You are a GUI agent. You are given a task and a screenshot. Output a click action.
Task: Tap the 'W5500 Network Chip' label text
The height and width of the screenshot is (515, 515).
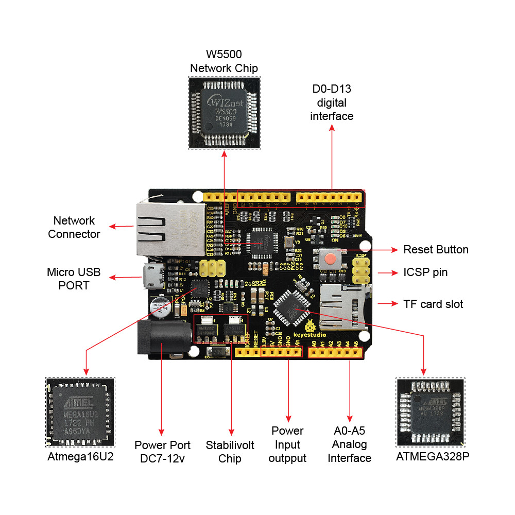(x=224, y=61)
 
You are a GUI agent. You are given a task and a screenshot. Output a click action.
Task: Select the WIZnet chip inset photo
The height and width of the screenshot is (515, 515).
(x=224, y=113)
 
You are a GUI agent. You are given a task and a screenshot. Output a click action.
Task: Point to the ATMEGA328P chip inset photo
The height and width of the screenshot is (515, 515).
(x=430, y=412)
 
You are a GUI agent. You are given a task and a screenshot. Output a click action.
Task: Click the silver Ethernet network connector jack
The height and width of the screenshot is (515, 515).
(x=168, y=229)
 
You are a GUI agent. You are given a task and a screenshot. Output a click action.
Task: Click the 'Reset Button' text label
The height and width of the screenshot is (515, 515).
(x=436, y=250)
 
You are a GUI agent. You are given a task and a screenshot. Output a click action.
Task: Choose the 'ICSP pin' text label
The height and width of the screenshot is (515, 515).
(x=425, y=272)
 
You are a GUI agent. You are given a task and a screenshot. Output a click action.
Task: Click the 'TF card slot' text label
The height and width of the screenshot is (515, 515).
(x=433, y=304)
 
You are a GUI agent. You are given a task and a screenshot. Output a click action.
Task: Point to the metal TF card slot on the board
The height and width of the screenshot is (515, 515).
(x=342, y=308)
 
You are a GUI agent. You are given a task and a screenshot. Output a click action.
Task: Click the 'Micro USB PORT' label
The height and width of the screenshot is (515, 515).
(x=74, y=278)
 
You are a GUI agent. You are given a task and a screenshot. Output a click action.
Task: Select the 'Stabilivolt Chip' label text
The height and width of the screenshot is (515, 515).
(x=230, y=452)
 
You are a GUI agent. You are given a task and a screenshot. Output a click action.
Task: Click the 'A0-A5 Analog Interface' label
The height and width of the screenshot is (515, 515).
(x=350, y=444)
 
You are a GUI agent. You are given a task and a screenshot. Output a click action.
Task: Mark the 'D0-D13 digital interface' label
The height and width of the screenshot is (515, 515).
(x=332, y=102)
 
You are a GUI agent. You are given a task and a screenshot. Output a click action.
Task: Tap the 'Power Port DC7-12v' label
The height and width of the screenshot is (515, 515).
(x=162, y=451)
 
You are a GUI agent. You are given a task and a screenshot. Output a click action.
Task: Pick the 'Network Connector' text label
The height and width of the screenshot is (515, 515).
(x=74, y=227)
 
